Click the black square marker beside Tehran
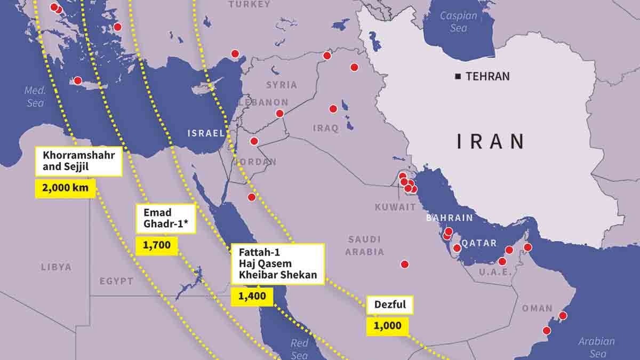coord(458,77)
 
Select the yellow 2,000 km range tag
coord(65,188)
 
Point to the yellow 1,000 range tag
coord(387,326)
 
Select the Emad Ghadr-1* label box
coord(166,219)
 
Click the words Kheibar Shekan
coord(274,276)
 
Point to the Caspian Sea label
coord(458,21)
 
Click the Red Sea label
coord(299,349)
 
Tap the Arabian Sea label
coord(597,347)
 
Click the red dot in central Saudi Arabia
coord(405,264)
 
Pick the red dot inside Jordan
coord(254,141)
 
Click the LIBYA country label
coord(56,267)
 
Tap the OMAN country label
coord(537,308)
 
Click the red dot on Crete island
coord(78,81)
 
